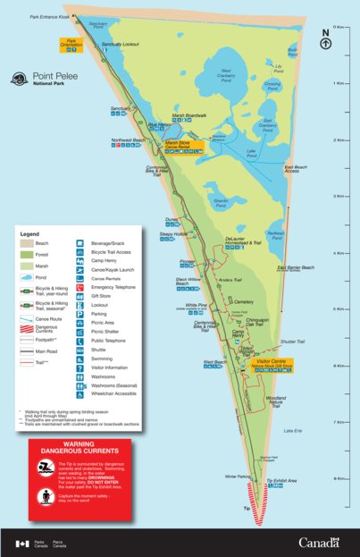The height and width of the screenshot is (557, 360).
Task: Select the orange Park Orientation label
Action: pos(73,41)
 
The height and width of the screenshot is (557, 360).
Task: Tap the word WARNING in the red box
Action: pos(80,443)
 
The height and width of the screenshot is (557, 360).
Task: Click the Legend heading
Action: pos(32,234)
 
